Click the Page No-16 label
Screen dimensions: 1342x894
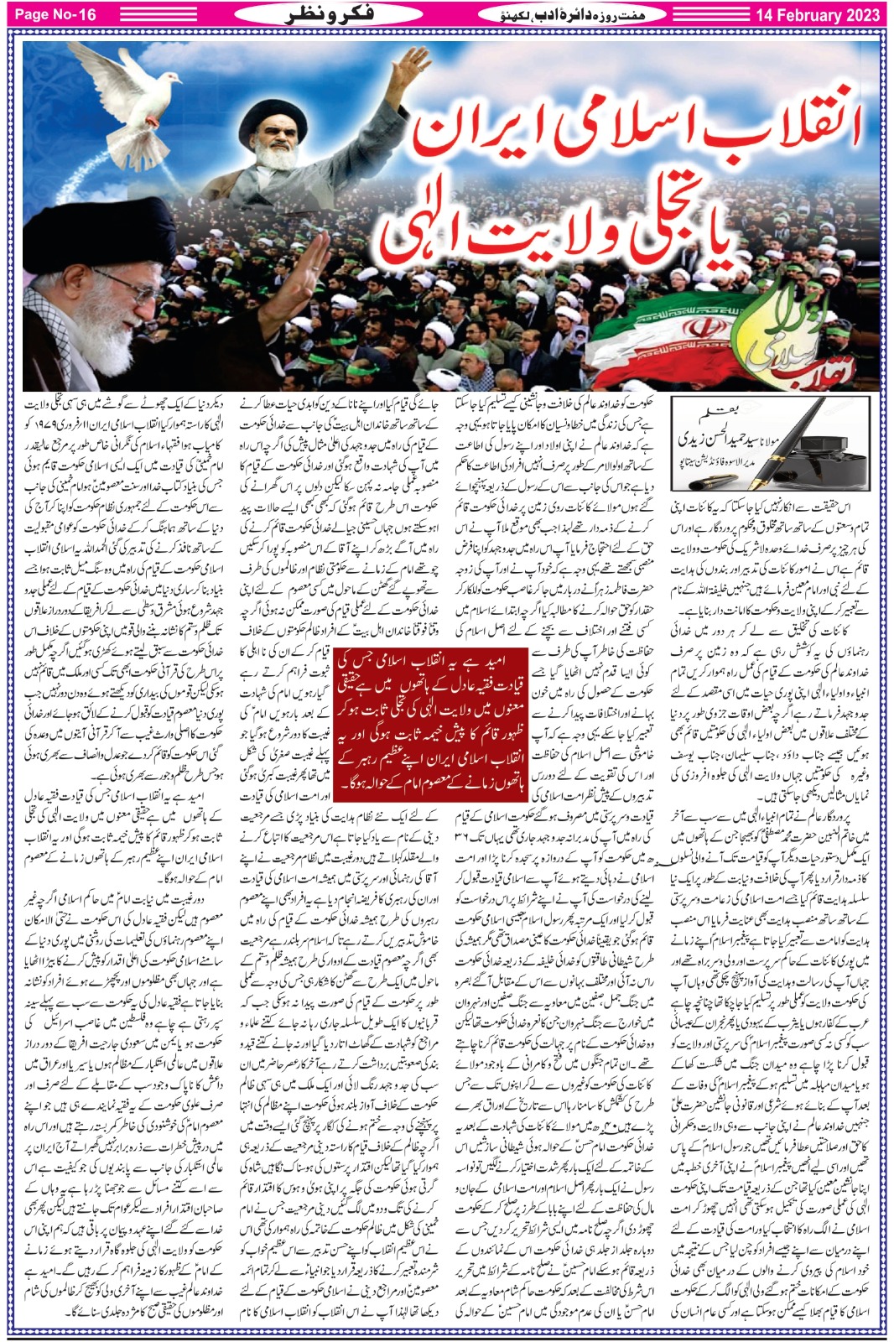56,15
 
